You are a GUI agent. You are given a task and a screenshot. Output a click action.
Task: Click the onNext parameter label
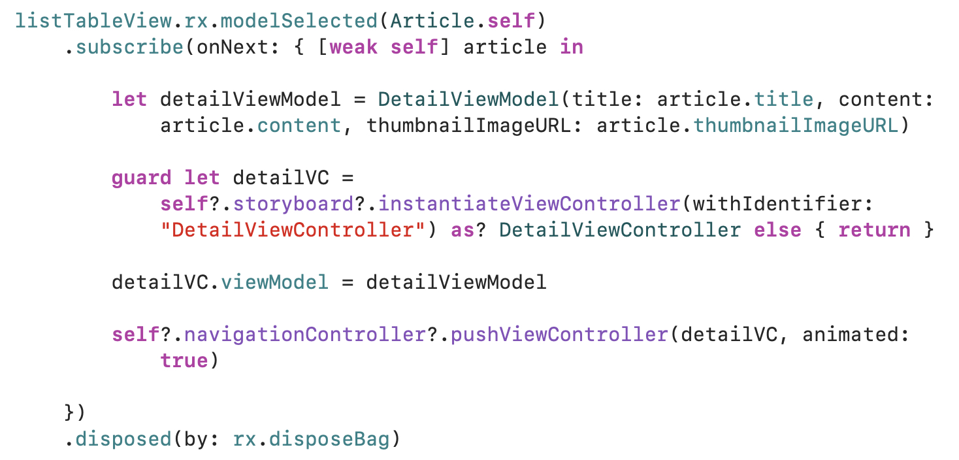coord(226,47)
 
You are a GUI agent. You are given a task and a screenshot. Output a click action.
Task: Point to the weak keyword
coord(353,47)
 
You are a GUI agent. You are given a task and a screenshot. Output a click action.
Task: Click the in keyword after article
coord(571,47)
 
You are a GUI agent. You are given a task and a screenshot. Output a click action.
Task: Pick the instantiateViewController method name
coord(529,204)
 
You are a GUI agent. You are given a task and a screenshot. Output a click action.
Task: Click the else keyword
coord(777,230)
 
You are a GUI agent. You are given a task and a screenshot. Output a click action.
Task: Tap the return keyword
coord(874,230)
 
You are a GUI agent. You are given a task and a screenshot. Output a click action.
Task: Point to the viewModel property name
coord(274,282)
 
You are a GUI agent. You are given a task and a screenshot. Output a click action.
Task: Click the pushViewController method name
coord(559,335)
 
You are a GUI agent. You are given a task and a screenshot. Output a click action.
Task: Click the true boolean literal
coord(184,361)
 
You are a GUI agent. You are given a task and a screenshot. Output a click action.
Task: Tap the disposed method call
coord(123,439)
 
